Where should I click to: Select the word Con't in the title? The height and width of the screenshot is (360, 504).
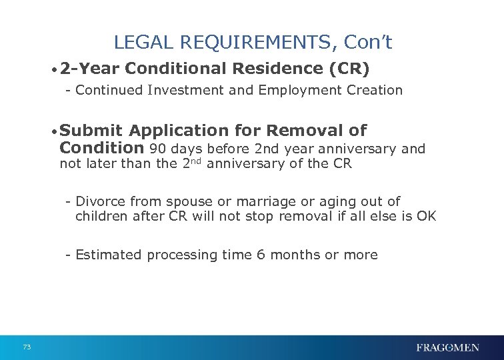369,43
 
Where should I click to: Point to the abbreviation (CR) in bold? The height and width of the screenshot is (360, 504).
348,69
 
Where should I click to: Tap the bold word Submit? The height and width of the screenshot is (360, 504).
94,131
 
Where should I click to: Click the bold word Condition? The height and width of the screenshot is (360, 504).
101,148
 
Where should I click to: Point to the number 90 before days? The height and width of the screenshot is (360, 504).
158,149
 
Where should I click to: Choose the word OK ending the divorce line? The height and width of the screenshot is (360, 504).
426,216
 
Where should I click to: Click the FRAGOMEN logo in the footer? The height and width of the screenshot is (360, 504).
447,347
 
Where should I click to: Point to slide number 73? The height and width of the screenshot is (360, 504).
27,347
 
